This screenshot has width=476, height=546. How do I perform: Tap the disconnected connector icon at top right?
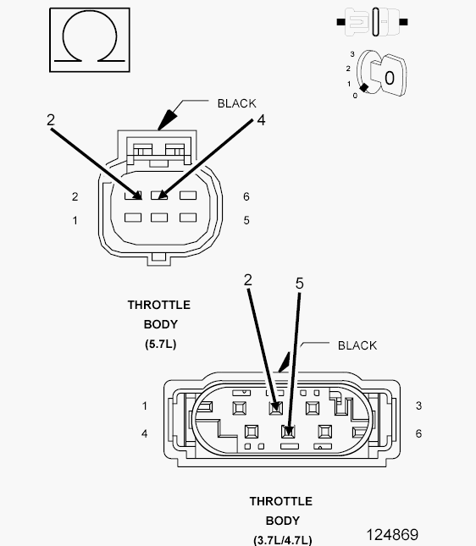pyautogui.click(x=372, y=22)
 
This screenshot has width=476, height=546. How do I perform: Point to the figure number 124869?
pyautogui.click(x=392, y=534)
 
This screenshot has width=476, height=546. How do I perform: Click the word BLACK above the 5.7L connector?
pyautogui.click(x=236, y=103)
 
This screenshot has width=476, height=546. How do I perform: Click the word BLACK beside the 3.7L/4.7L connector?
pyautogui.click(x=357, y=345)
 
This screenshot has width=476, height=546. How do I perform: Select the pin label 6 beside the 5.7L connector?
pyautogui.click(x=246, y=196)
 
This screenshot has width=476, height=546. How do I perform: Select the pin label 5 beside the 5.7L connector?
pyautogui.click(x=246, y=220)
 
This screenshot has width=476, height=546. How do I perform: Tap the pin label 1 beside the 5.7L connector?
pyautogui.click(x=75, y=220)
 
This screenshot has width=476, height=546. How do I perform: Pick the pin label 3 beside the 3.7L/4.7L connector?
pyautogui.click(x=418, y=405)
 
